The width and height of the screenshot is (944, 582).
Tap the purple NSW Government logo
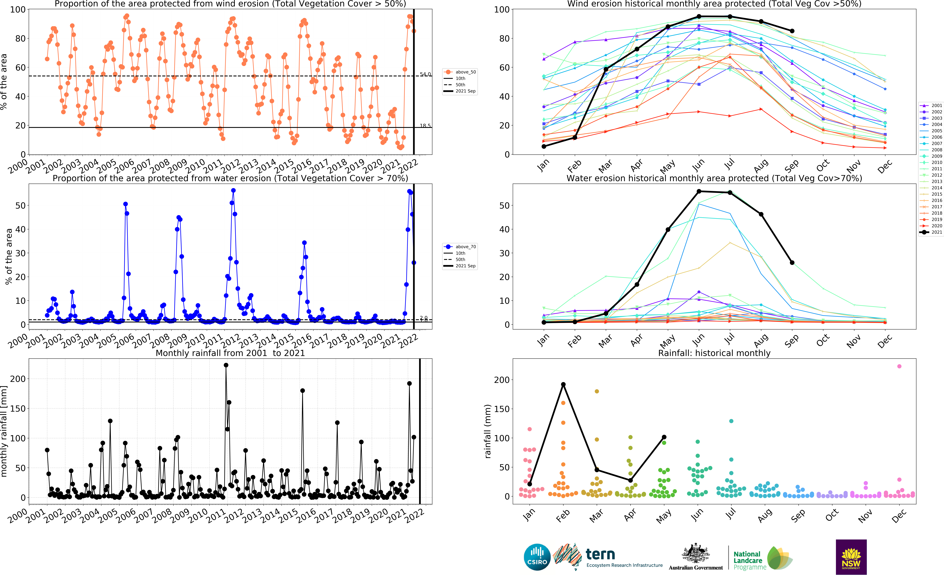[851, 557]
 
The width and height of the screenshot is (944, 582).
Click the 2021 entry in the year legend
[931, 232]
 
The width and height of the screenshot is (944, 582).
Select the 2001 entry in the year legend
[931, 105]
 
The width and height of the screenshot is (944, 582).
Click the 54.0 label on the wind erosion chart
[425, 74]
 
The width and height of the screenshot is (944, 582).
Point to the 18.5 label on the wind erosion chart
[425, 126]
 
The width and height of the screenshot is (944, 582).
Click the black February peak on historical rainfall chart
[563, 384]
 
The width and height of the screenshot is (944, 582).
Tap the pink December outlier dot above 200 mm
[899, 366]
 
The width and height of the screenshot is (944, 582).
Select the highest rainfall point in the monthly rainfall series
[226, 365]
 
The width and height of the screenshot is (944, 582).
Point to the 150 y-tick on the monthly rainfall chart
[18, 408]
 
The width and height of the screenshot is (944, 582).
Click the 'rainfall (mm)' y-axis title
[488, 431]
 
